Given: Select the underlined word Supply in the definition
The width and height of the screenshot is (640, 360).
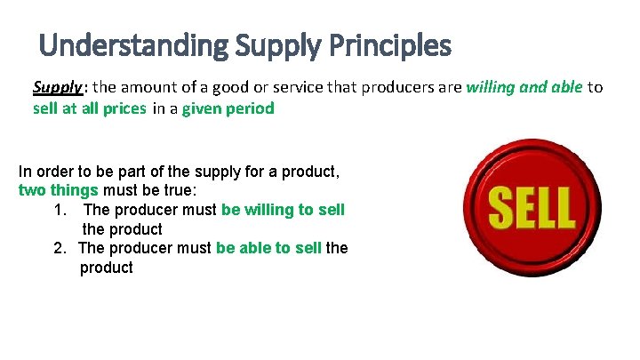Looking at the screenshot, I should pos(59,87).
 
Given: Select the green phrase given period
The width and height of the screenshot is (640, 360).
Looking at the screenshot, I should pos(228,108).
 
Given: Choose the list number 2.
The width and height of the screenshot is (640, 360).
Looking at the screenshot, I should pos(60,248).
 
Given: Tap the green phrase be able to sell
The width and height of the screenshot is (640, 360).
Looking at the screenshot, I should pos(268,248).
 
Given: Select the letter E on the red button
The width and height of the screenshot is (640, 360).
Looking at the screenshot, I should pos(525,207).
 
